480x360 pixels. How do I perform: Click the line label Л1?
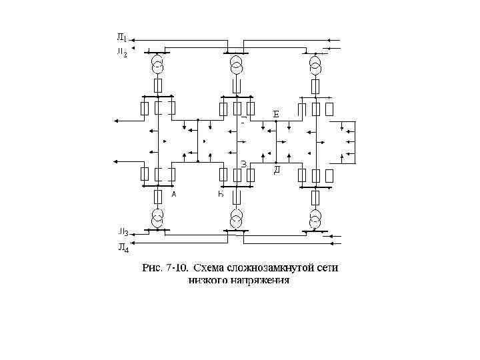point(123,37)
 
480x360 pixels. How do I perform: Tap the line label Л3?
point(123,233)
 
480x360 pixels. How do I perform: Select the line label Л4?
point(123,248)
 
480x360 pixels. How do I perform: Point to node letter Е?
point(276,113)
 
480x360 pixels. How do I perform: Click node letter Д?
point(277,170)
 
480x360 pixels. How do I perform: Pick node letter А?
point(173,194)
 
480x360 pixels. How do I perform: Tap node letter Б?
point(220,194)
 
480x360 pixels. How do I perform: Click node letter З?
point(244,163)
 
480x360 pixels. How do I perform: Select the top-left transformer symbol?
point(157,65)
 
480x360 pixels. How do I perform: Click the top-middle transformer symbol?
point(236,65)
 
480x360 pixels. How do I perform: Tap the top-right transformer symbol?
point(315,65)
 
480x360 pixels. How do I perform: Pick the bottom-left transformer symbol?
point(157,217)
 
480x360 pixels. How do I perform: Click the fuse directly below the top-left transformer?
point(158,85)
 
